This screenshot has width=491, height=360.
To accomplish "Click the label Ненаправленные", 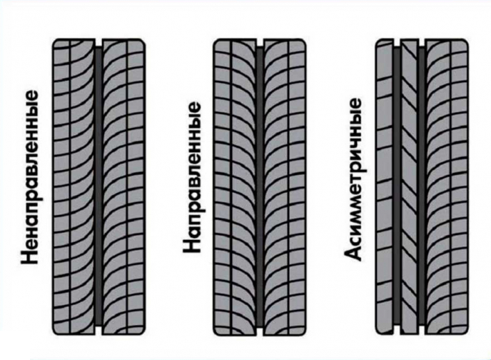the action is point(30,177).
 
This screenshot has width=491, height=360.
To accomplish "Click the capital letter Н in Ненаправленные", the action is point(30,257).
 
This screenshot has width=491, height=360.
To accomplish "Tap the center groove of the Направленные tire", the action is point(260,186).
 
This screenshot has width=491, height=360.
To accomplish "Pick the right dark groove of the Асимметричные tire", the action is point(422,186).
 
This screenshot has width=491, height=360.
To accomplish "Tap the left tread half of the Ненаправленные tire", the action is point(75,186).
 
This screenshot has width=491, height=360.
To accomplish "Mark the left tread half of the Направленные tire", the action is point(236,186).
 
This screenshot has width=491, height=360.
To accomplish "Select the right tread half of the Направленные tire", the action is point(284,186).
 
